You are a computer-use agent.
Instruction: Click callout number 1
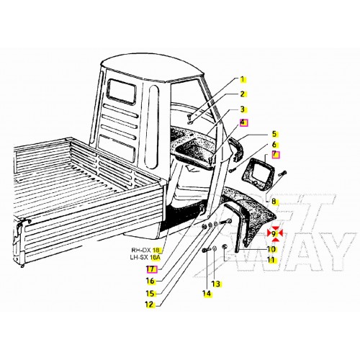click(243, 79)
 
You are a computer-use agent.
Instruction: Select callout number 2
click(243, 94)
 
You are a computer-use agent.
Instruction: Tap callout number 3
click(243, 109)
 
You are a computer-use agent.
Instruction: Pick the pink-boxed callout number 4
click(243, 123)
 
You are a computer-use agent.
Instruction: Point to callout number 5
click(274, 134)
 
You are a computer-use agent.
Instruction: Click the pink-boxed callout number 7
click(274, 156)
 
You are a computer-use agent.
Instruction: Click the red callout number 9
click(274, 233)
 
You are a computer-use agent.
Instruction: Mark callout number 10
click(271, 250)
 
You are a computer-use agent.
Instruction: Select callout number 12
click(150, 305)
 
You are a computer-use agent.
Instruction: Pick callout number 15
click(150, 293)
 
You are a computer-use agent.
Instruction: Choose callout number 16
click(150, 281)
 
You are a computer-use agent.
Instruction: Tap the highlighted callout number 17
click(150, 268)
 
